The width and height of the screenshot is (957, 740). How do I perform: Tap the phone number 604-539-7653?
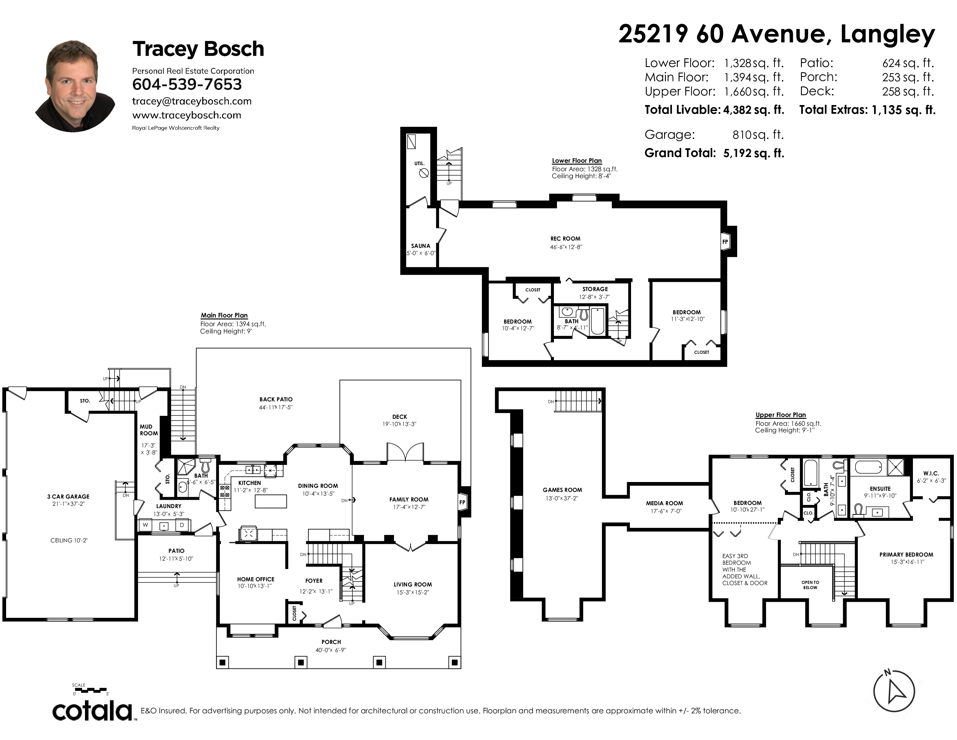pyautogui.click(x=187, y=84)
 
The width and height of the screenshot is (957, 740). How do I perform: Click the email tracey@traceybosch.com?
pyautogui.click(x=192, y=101)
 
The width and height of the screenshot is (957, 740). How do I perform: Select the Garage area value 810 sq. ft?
pyautogui.click(x=758, y=135)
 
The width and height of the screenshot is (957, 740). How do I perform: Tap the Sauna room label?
pyautogui.click(x=421, y=246)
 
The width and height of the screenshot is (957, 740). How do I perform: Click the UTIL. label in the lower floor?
pyautogui.click(x=419, y=163)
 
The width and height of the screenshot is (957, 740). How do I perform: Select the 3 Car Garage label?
pyautogui.click(x=68, y=497)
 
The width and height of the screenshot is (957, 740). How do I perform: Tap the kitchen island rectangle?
pyautogui.click(x=271, y=501)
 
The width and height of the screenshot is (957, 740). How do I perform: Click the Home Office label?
pyautogui.click(x=256, y=579)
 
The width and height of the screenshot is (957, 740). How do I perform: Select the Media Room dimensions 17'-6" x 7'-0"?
pyautogui.click(x=664, y=511)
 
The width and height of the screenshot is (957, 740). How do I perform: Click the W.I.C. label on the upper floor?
pyautogui.click(x=931, y=474)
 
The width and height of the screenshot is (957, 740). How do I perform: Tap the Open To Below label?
pyautogui.click(x=810, y=585)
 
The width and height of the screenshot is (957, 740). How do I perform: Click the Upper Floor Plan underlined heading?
pyautogui.click(x=780, y=415)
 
